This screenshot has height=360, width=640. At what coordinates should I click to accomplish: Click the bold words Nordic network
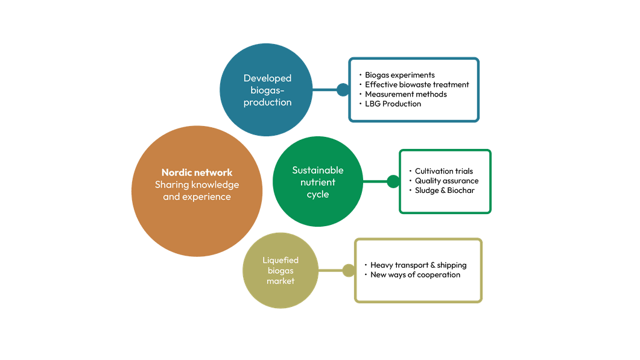click(x=197, y=172)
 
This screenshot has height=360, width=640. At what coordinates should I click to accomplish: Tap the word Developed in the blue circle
click(x=267, y=78)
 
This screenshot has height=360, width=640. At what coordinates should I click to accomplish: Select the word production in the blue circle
click(x=267, y=103)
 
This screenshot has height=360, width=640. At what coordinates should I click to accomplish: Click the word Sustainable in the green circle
click(x=318, y=170)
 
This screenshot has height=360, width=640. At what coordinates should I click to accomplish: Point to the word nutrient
click(x=318, y=182)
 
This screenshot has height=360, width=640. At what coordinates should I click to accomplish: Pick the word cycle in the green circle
click(x=318, y=194)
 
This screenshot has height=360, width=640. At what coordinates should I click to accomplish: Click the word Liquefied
click(x=280, y=261)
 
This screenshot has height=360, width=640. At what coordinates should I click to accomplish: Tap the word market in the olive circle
click(x=280, y=281)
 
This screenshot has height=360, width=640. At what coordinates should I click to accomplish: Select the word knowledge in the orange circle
click(x=215, y=185)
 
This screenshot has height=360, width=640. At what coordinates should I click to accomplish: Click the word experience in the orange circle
click(x=206, y=197)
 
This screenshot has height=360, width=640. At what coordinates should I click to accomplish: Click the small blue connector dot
click(x=342, y=90)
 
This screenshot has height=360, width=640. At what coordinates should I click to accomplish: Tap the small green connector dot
click(x=393, y=181)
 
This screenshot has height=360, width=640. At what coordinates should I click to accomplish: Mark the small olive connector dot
click(x=348, y=270)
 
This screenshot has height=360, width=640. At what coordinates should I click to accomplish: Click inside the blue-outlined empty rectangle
click(x=414, y=89)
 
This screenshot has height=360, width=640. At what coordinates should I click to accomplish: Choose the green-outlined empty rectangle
click(x=445, y=181)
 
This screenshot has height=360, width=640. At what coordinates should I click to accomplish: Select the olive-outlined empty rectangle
click(x=418, y=270)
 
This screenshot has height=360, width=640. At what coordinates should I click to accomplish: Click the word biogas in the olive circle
click(x=280, y=271)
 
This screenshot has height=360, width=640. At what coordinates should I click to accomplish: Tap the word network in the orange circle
click(x=214, y=172)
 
